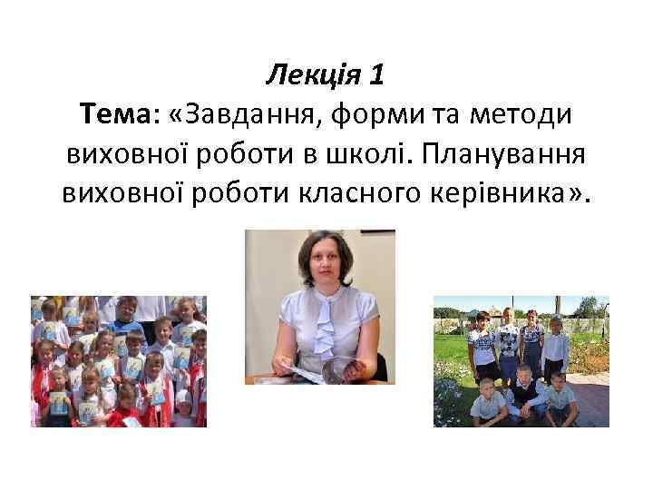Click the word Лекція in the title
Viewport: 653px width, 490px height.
(313, 76)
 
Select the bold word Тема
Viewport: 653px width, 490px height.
(115, 115)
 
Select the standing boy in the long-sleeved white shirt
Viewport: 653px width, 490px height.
(554, 345)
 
